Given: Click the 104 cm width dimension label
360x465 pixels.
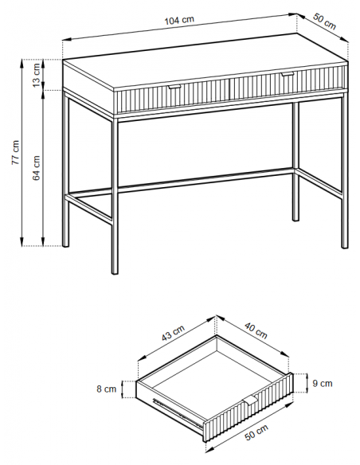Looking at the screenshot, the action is [179, 21].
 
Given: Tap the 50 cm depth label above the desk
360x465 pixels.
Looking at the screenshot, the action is [324, 21].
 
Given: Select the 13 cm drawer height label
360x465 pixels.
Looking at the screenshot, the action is [36, 75].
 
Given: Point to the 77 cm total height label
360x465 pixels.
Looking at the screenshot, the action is [15, 152].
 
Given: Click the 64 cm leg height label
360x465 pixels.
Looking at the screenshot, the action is [36, 168].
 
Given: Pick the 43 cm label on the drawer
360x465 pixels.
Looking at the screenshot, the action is [173, 333].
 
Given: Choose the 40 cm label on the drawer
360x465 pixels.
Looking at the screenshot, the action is [256, 330].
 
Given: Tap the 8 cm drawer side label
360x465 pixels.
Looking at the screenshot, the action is [107, 389].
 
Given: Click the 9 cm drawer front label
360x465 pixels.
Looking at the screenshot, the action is [323, 384].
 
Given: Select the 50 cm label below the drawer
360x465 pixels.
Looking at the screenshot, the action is [256, 432].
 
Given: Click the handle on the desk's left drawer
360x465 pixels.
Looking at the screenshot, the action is [174, 87].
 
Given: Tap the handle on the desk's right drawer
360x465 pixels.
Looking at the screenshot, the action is [287, 73].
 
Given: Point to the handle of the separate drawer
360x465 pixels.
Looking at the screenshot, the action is [251, 400].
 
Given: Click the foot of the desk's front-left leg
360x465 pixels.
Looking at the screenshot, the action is [115, 272].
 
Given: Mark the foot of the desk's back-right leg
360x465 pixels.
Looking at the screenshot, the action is [295, 219].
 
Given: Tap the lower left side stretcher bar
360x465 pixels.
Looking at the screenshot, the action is [88, 208].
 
